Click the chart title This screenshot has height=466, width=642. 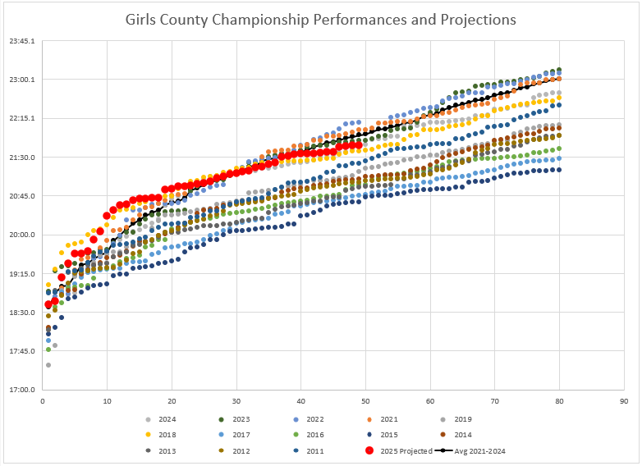(x=320, y=19)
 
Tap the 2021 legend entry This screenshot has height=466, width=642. (x=388, y=419)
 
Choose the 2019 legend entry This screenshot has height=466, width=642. (x=462, y=419)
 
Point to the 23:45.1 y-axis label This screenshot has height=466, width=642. (x=21, y=41)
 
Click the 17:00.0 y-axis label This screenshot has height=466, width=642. (x=21, y=391)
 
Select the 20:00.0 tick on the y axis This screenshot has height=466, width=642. (x=21, y=235)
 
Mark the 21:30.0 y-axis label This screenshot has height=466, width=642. (x=21, y=158)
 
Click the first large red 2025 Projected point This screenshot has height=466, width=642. (x=48, y=305)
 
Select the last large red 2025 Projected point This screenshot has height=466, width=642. (x=359, y=145)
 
